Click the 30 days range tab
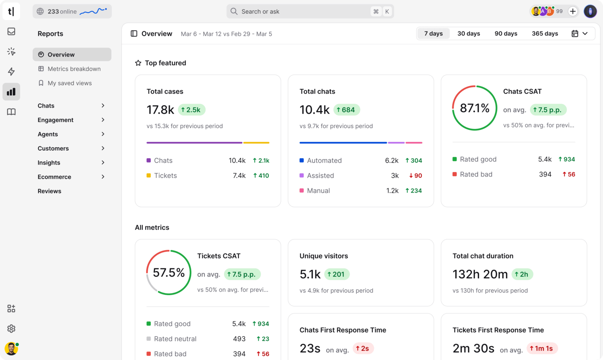[469, 33]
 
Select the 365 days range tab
[545, 33]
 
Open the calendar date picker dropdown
[580, 33]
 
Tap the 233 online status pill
[72, 11]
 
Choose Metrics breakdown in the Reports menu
[74, 69]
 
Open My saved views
[70, 83]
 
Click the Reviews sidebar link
[49, 191]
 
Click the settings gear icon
[11, 329]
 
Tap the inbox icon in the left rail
[11, 31]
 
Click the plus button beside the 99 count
[573, 11]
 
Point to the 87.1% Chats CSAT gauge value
[474, 108]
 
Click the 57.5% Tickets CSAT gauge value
[169, 273]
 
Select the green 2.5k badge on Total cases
[191, 110]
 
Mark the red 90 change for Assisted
[415, 175]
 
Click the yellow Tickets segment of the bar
[256, 143]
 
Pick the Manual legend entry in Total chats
[318, 190]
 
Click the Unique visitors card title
[324, 256]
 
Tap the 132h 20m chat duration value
[480, 274]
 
